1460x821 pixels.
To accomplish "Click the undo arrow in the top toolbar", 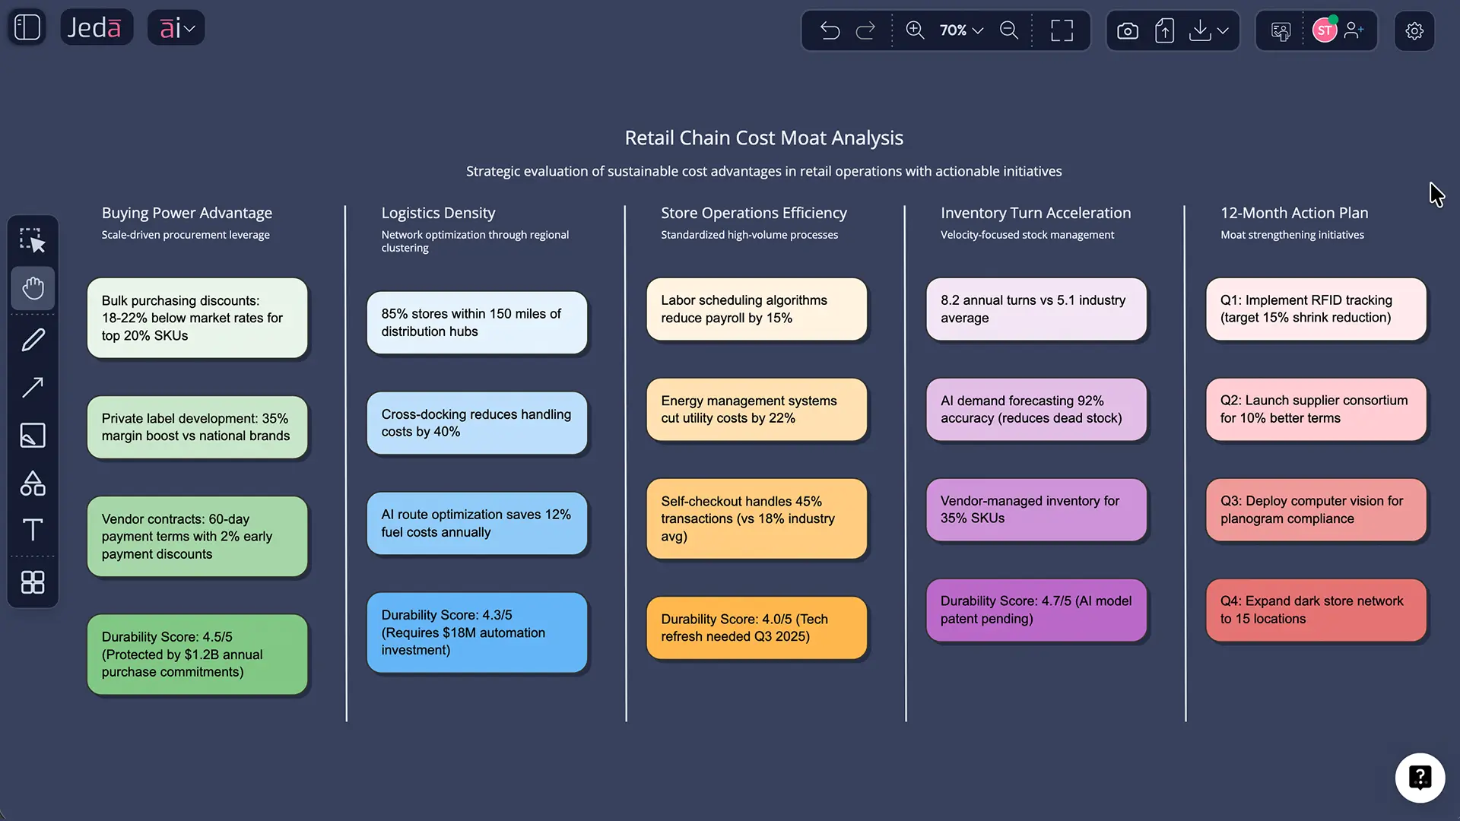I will point(830,30).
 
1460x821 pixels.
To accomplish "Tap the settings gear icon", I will point(1414,30).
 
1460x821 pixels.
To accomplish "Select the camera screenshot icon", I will point(1127,30).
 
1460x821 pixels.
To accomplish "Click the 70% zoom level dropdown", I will point(961,30).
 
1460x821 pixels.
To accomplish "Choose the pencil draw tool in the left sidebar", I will point(33,340).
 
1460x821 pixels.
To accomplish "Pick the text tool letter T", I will point(33,529).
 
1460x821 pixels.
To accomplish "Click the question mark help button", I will point(1419,777).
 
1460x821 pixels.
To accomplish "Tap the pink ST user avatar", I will point(1324,30).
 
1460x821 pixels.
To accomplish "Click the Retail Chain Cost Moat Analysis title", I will point(763,138).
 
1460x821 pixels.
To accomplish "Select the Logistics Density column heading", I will point(438,213).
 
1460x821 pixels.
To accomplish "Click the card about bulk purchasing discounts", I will point(197,318).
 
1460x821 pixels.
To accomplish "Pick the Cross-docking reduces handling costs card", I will point(477,423).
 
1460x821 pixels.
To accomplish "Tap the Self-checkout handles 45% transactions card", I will point(756,518).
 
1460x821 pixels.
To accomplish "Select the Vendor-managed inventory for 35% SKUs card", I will point(1036,509).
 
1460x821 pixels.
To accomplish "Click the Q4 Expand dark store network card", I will point(1316,610).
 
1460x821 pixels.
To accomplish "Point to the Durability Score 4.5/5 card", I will point(197,654).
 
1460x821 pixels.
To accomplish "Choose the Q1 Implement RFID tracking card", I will point(1316,309).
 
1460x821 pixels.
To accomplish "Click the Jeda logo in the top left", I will point(95,28).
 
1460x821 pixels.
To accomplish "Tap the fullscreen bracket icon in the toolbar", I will point(1062,30).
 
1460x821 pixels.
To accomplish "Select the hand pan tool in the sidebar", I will point(33,288).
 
